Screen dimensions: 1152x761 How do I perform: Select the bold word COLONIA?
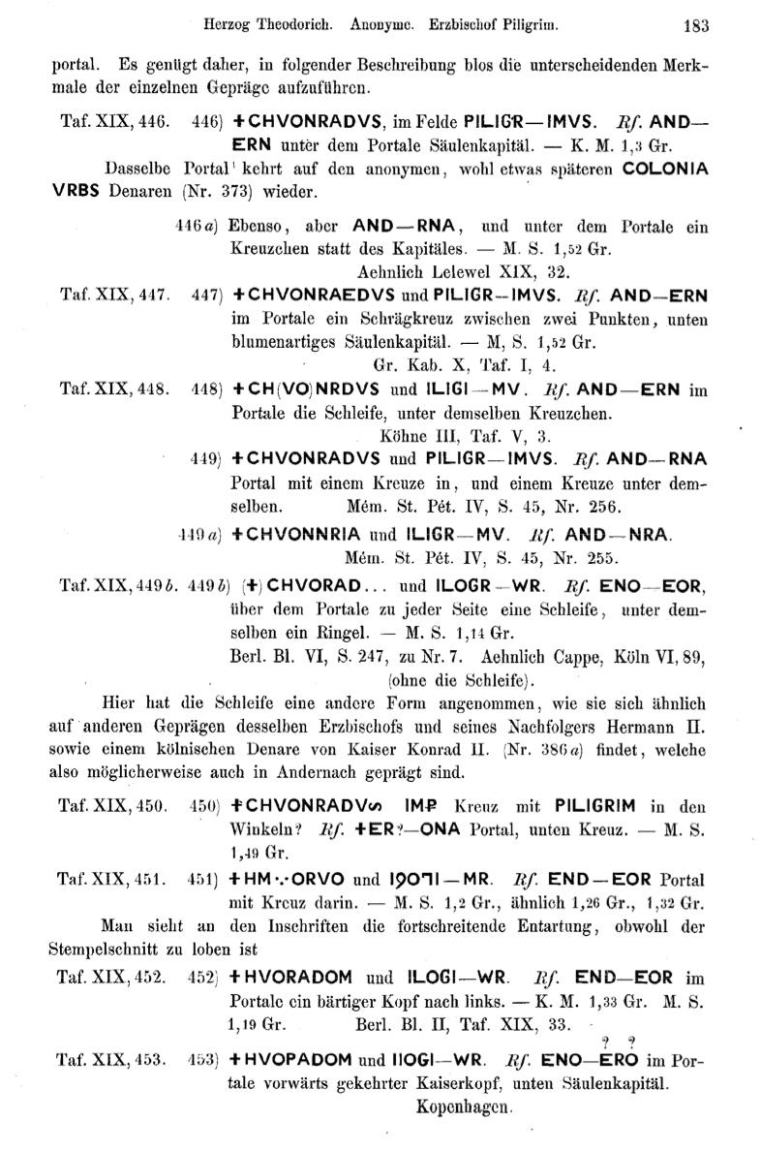click(665, 168)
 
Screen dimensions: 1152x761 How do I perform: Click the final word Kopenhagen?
click(462, 1104)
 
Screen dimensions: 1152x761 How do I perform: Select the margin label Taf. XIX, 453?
click(114, 1059)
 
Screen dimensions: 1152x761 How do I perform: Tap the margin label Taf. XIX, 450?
click(114, 804)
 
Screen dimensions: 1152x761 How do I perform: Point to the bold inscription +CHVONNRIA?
click(297, 533)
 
